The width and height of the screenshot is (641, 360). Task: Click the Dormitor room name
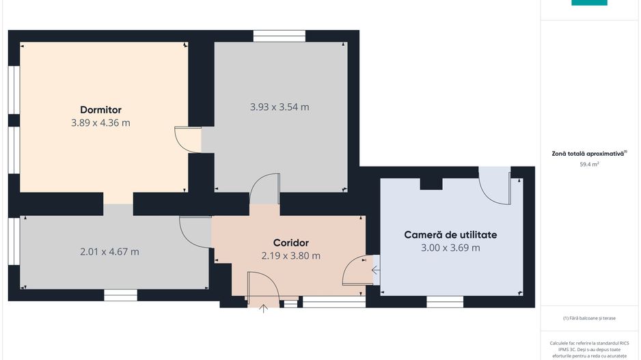[100, 109]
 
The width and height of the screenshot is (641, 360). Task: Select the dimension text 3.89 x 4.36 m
[100, 123]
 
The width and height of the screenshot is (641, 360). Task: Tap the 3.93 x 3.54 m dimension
[279, 107]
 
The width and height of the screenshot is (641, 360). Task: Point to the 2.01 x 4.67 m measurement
[109, 251]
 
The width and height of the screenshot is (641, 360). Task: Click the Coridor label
[290, 243]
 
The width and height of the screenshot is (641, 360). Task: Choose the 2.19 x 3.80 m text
[290, 255]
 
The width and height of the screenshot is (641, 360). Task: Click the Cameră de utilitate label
[450, 234]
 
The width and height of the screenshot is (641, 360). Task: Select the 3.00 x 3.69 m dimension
[450, 247]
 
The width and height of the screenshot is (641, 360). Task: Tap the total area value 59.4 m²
[589, 164]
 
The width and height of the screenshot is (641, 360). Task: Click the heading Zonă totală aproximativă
[589, 154]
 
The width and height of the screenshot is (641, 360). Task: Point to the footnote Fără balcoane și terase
[589, 318]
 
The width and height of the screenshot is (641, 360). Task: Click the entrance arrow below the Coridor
[264, 309]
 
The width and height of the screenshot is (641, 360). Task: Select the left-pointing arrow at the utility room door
[375, 270]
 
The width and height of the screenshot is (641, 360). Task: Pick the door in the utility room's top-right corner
[495, 185]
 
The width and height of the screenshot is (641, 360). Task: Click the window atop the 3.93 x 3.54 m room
[279, 36]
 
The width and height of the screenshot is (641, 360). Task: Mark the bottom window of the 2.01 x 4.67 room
[120, 295]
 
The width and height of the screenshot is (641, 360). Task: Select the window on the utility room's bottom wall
[445, 301]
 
